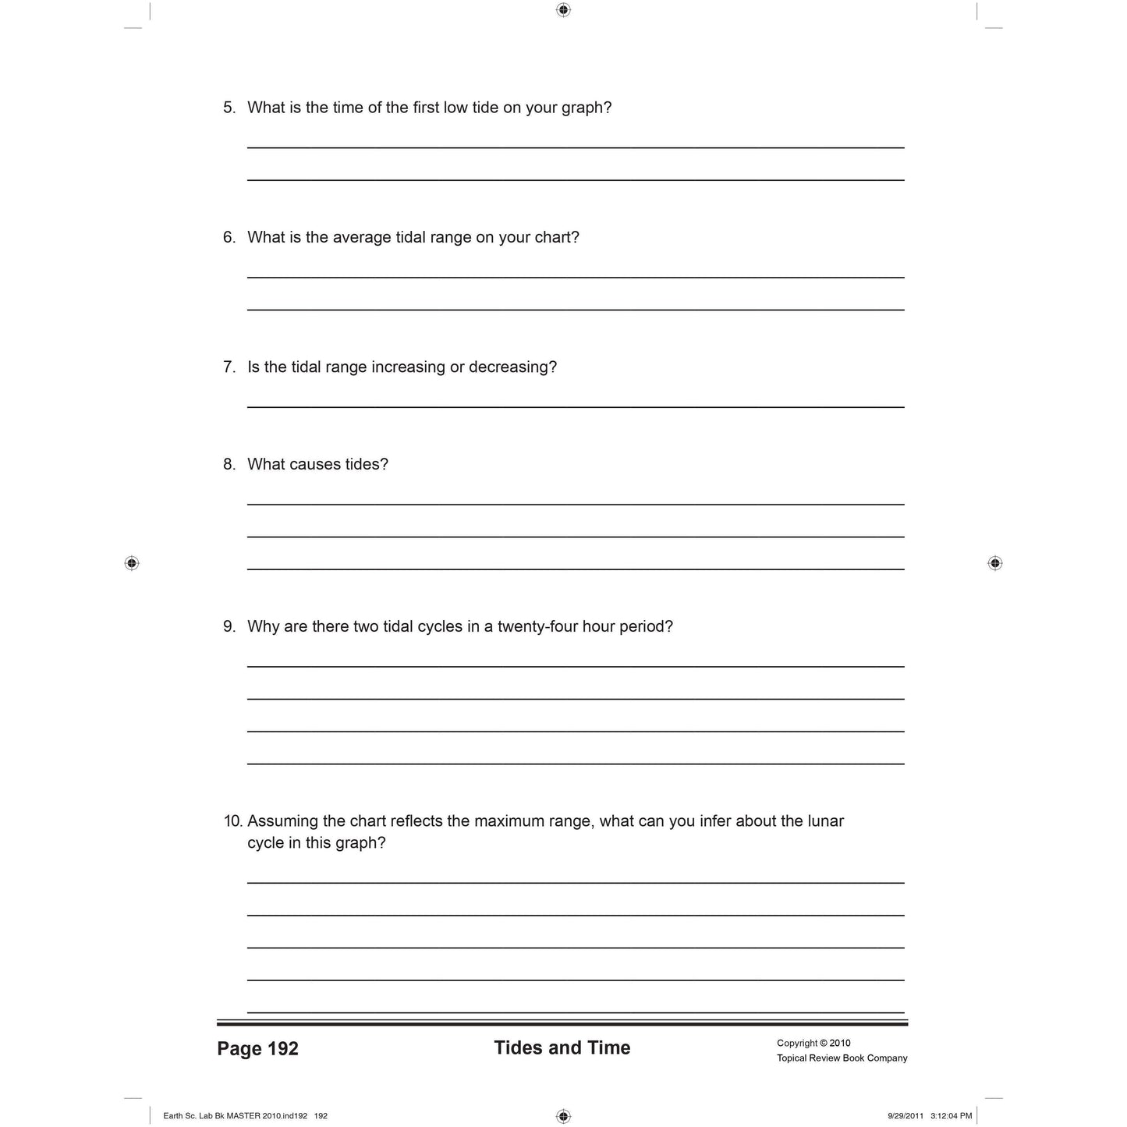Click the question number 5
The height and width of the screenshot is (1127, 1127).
[229, 108]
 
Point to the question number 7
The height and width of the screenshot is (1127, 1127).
[229, 367]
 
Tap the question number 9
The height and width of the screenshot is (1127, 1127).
[229, 626]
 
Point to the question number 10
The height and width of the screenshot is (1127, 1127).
[232, 820]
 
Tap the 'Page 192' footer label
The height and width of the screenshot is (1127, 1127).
[257, 1048]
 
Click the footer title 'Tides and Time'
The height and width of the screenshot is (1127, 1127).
[562, 1047]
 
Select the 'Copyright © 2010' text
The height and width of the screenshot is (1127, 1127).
[813, 1043]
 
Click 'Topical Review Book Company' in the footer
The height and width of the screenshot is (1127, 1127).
[842, 1058]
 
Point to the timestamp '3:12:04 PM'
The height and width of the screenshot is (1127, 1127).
[951, 1116]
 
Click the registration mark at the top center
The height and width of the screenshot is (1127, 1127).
[563, 10]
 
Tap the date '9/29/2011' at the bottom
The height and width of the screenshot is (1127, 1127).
[905, 1116]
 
